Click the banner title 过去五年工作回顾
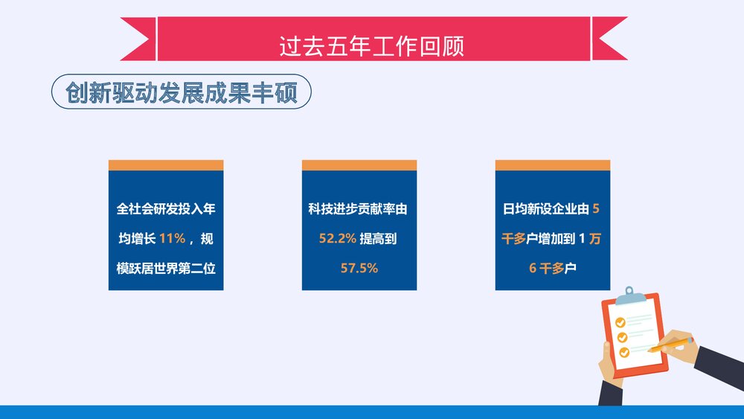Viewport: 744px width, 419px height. click(371, 45)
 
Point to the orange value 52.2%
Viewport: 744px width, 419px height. click(333, 239)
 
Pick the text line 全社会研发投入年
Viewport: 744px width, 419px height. click(166, 210)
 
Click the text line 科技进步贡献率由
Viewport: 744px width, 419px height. click(359, 210)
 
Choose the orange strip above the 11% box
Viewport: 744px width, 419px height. click(166, 165)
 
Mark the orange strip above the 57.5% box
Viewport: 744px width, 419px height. click(359, 165)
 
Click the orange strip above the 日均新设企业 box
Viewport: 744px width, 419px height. click(553, 165)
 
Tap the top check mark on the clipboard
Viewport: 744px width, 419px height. click(619, 323)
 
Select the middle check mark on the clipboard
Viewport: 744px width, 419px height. click(622, 337)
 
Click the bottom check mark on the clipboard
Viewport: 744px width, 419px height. click(624, 351)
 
